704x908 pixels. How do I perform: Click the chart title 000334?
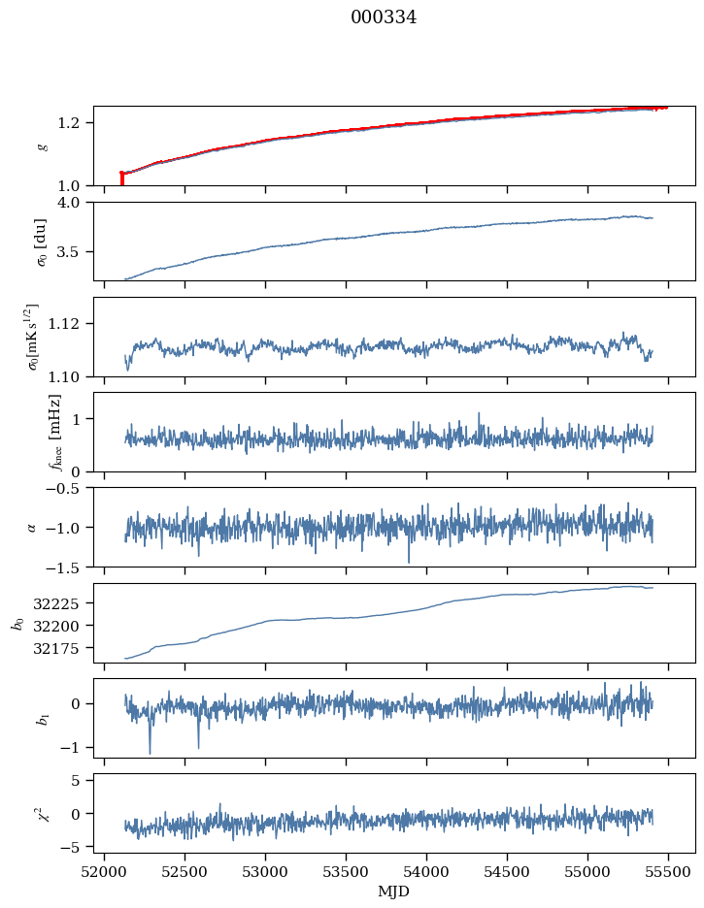tap(384, 17)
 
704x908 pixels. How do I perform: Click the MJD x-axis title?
tap(394, 892)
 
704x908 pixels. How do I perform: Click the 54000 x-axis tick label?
tap(427, 872)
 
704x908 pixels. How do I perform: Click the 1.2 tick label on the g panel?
tap(74, 123)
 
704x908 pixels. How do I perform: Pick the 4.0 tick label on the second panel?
tap(74, 203)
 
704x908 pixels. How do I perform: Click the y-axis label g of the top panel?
tap(41, 146)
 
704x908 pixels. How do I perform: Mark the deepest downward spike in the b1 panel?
tap(150, 752)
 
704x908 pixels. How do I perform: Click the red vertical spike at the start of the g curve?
tap(121, 178)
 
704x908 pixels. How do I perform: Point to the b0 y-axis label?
tap(17, 622)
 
